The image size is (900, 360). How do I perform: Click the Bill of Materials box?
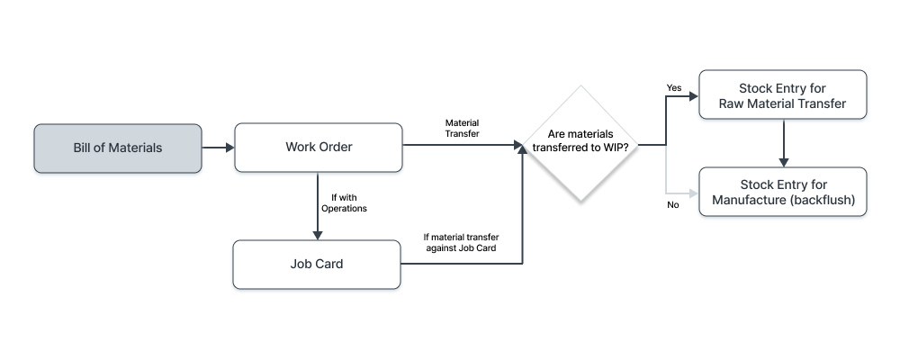(x=118, y=148)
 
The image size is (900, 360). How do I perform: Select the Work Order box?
(x=318, y=148)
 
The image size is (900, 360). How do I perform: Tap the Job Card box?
(x=318, y=265)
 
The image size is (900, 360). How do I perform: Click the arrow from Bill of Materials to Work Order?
(x=217, y=148)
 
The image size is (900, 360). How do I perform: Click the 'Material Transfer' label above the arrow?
(x=463, y=127)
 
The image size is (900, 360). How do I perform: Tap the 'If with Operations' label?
(x=344, y=202)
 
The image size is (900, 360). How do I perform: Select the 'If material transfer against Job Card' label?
(x=462, y=243)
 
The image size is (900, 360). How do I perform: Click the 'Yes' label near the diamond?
(x=673, y=87)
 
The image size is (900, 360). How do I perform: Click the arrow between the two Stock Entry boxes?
(x=785, y=143)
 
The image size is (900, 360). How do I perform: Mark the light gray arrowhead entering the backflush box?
(x=693, y=192)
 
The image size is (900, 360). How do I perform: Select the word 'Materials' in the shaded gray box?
(x=135, y=148)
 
